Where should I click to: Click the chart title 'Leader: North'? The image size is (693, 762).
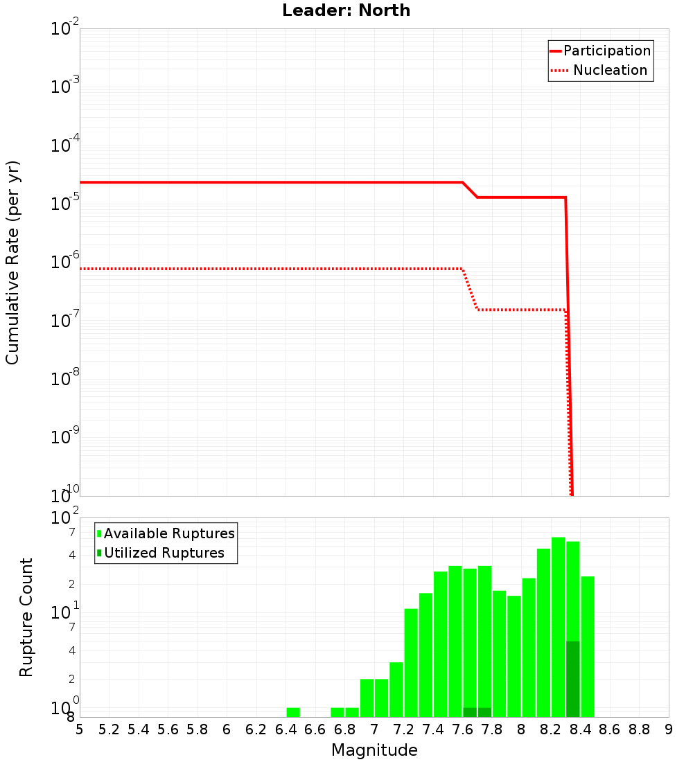(346, 10)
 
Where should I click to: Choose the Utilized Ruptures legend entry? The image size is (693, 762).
(164, 553)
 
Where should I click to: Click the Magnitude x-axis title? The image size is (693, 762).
(374, 750)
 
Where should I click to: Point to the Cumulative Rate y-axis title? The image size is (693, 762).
(12, 262)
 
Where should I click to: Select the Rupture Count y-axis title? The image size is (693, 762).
(26, 617)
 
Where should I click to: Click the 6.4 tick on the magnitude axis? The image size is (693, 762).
(286, 729)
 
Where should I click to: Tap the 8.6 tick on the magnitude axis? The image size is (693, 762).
(610, 729)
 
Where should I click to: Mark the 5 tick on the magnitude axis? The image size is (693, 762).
(80, 729)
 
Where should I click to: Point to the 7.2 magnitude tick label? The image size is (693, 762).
(403, 729)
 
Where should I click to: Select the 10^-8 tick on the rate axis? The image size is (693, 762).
(65, 378)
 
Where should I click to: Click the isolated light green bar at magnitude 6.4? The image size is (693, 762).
(293, 712)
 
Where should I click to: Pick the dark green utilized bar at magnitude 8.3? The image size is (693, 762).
(573, 679)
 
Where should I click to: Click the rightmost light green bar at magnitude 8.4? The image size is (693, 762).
(588, 644)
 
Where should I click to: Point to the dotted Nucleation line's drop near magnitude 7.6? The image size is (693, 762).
(470, 289)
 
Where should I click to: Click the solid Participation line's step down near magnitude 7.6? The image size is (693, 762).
(470, 190)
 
